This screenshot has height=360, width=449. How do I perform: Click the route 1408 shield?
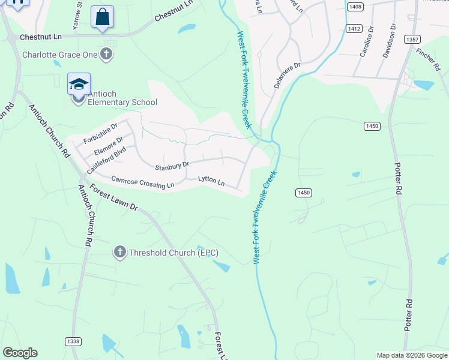[355, 6]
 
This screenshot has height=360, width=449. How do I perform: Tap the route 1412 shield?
[354, 29]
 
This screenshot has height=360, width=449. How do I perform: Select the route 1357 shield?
[412, 40]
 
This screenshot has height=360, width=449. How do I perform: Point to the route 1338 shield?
[73, 341]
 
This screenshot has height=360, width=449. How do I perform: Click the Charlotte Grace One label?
[59, 55]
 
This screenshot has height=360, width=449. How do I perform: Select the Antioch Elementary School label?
[122, 98]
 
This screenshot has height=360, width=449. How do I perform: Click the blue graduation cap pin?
[79, 84]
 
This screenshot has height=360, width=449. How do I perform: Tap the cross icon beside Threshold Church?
[119, 253]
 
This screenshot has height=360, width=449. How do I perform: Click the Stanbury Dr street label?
[172, 166]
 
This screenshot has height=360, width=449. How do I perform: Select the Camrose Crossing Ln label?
[142, 182]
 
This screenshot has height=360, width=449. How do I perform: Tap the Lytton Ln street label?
[212, 181]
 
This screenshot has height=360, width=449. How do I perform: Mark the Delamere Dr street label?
[287, 76]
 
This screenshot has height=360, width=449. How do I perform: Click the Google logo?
[20, 353]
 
